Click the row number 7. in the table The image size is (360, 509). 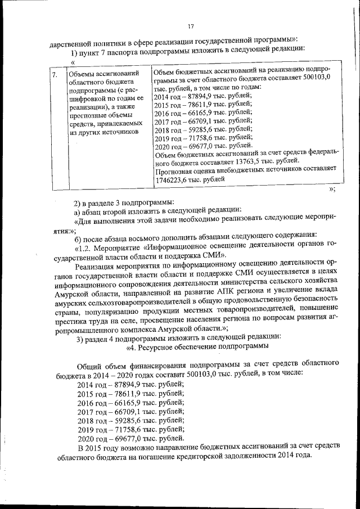[x=54, y=74]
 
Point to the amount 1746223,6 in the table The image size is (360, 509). [x=172, y=179]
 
